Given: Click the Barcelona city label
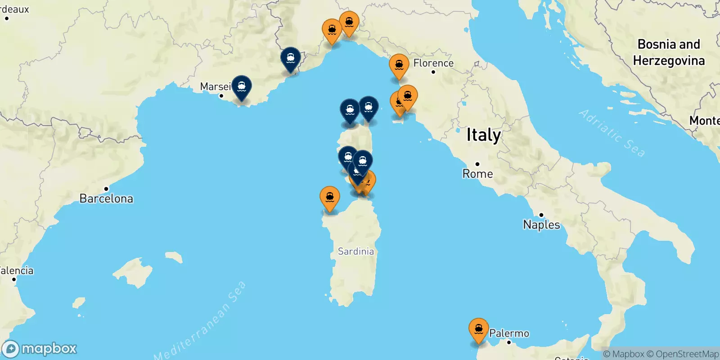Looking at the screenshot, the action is click(x=106, y=198).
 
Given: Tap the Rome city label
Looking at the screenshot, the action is click(x=477, y=174).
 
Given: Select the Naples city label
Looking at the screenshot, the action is click(x=541, y=225).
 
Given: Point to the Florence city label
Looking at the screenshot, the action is click(x=433, y=63).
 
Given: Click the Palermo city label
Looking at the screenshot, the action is click(x=509, y=333).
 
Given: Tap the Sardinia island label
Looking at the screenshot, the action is click(x=355, y=251).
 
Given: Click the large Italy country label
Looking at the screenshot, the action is click(x=483, y=135).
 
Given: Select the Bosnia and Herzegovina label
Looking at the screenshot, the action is click(x=669, y=52).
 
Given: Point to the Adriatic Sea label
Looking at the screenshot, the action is click(x=612, y=133).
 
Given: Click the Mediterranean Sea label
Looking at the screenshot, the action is click(x=200, y=320).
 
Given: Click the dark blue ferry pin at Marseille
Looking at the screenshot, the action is click(x=242, y=87).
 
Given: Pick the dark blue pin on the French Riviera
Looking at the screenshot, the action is click(x=291, y=59).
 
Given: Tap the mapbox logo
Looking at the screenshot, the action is click(x=40, y=349).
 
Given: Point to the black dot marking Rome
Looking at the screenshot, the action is click(x=477, y=164).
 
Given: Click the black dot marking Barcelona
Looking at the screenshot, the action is click(x=106, y=189).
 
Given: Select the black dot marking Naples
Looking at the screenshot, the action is click(x=541, y=215).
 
